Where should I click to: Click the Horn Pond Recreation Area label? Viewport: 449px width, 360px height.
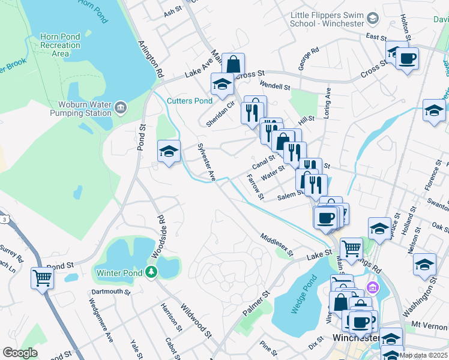tap(60, 45)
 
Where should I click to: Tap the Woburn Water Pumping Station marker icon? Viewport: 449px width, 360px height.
tap(121, 108)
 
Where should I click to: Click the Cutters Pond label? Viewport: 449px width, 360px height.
tap(189, 101)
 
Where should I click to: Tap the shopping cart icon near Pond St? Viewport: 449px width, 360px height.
tap(42, 277)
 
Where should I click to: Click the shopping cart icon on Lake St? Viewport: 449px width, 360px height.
tap(351, 247)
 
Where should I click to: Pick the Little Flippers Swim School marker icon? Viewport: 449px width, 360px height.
tap(373, 19)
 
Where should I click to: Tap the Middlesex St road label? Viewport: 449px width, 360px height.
tap(276, 245)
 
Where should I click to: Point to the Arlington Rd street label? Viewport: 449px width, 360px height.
tap(151, 59)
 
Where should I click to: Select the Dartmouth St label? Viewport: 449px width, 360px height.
tap(110, 292)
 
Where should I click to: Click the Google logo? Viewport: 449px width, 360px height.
tap(20, 353)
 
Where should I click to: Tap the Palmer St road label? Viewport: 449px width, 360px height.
tap(257, 305)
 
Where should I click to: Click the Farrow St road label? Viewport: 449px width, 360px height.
tap(255, 187)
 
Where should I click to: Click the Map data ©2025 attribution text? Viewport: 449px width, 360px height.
tap(423, 355)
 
